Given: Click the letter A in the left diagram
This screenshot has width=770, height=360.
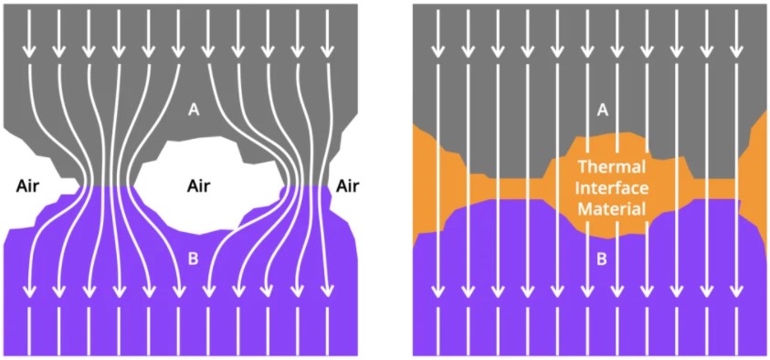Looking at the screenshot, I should [193, 110].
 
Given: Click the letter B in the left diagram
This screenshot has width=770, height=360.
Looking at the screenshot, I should [193, 259].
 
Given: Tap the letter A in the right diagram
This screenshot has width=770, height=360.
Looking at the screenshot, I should [601, 110].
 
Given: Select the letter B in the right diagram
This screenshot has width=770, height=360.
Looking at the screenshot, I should [601, 259].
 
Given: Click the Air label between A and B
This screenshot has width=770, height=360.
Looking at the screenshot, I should [198, 186].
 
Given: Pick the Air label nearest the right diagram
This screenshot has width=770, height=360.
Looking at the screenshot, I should [347, 186].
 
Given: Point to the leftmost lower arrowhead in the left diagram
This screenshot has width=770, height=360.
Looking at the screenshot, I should [29, 291].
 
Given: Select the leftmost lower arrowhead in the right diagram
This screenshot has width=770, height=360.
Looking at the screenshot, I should [438, 291].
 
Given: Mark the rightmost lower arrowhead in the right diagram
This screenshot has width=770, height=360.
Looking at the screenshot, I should [735, 291].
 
